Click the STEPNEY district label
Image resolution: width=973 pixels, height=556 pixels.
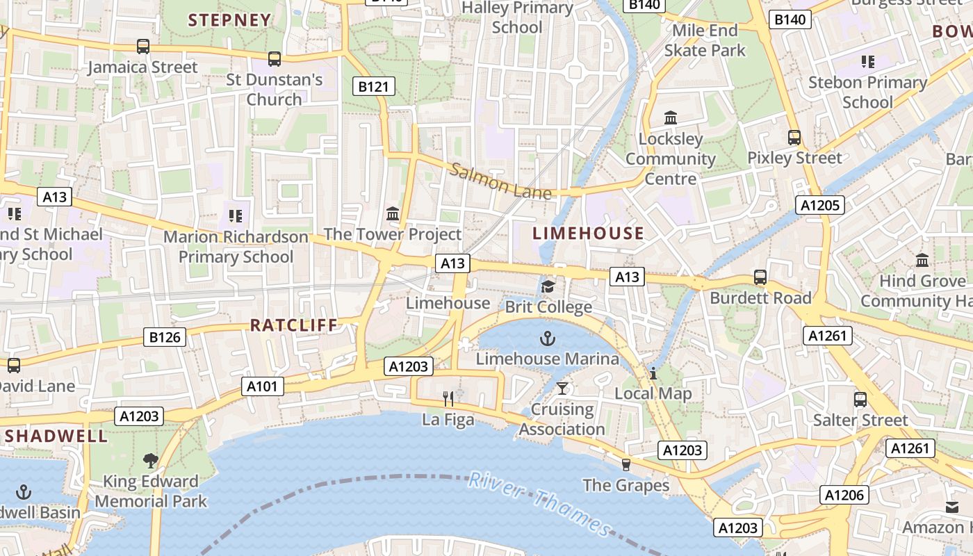[x=229, y=20]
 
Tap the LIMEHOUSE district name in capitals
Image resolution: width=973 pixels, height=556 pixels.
[x=589, y=234]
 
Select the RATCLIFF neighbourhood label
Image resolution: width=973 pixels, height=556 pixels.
[x=294, y=325]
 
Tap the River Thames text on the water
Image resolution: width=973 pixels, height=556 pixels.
[x=539, y=502]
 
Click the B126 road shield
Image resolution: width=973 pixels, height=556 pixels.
[x=165, y=338]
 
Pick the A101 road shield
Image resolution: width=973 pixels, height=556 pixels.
[x=263, y=386]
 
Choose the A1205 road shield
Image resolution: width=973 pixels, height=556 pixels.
[x=821, y=205]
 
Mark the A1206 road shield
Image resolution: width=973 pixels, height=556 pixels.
[x=845, y=495]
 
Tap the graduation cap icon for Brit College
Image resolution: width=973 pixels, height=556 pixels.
[x=548, y=286]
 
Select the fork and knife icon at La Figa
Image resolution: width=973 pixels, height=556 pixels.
[x=448, y=398]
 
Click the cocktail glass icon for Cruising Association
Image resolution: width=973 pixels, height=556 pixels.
[x=562, y=389]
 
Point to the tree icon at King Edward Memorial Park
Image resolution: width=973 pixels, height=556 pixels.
[x=150, y=460]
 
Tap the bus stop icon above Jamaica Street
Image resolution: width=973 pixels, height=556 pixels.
[x=142, y=47]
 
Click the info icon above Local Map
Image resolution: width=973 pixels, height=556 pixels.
[x=653, y=373]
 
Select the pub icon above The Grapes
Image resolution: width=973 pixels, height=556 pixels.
[x=626, y=464]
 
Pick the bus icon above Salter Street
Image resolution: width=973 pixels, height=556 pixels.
[x=860, y=400]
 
